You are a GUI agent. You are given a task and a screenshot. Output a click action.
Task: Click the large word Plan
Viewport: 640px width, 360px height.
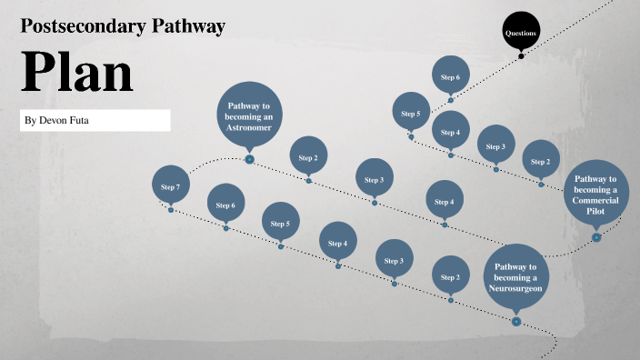[x=76, y=72]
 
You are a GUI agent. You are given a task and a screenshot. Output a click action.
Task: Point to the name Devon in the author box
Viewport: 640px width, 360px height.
[x=49, y=121]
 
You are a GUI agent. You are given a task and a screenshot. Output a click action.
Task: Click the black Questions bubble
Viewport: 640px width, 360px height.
[x=521, y=33]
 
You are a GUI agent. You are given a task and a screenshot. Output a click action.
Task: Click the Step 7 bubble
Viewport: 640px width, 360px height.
[x=170, y=185]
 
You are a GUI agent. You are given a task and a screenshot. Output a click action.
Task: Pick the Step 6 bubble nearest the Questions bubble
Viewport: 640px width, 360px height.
[x=450, y=77]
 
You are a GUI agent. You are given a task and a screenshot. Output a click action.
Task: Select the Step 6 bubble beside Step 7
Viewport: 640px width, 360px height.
[x=225, y=205]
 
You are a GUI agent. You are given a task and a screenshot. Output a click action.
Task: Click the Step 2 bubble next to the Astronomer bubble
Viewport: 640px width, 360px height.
[x=308, y=156]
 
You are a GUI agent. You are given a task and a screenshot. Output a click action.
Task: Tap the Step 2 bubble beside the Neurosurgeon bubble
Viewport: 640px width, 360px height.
[x=450, y=276]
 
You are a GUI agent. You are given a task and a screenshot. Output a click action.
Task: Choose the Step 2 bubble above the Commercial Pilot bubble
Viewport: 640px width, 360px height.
[x=541, y=160]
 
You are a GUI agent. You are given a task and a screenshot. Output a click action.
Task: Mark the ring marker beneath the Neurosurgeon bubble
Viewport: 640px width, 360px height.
[x=516, y=321]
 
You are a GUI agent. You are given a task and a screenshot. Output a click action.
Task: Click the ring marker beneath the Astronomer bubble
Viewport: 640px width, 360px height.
[x=249, y=160]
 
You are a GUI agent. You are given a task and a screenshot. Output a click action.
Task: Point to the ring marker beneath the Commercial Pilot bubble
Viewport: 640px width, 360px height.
[x=596, y=237]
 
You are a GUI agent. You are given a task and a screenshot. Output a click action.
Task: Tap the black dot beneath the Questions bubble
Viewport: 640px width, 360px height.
[x=521, y=55]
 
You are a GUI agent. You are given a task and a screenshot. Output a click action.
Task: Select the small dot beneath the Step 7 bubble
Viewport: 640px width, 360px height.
[x=170, y=210]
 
